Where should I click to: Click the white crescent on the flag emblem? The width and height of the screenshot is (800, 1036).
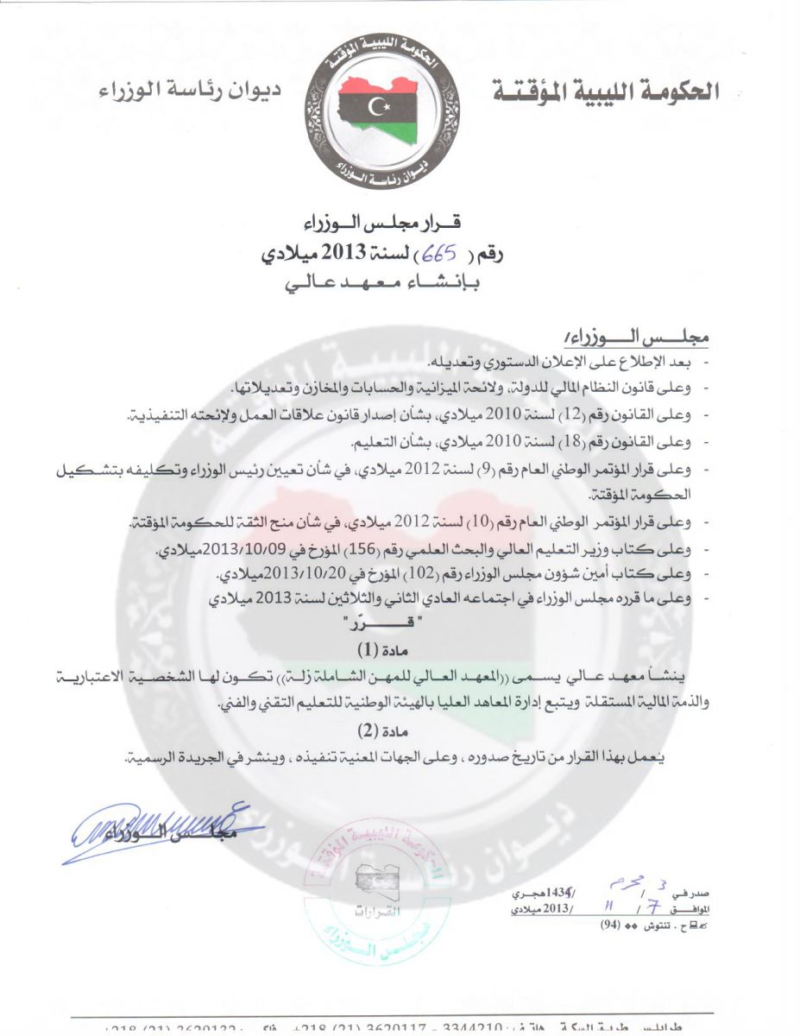(377, 107)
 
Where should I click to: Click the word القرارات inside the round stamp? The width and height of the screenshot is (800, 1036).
(373, 913)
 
